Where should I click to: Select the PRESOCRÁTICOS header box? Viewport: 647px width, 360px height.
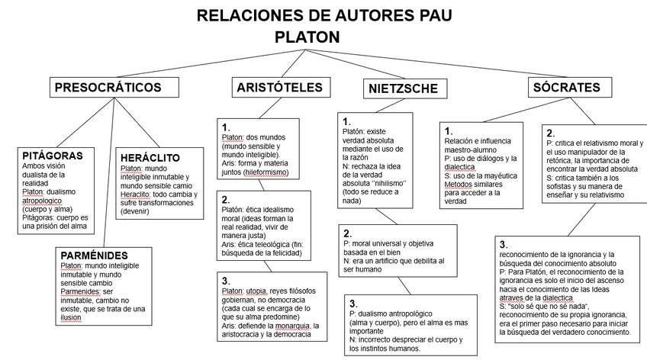[x=108, y=88]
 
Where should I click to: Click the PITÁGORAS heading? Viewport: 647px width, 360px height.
[x=53, y=155]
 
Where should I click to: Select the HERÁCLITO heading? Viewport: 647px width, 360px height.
[x=150, y=158]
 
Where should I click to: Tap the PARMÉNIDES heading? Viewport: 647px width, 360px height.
[x=95, y=256]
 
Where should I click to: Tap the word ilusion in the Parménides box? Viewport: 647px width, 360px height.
[x=76, y=317]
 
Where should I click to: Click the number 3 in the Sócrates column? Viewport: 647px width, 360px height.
[x=504, y=244]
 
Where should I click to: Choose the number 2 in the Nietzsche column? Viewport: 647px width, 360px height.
[x=347, y=233]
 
